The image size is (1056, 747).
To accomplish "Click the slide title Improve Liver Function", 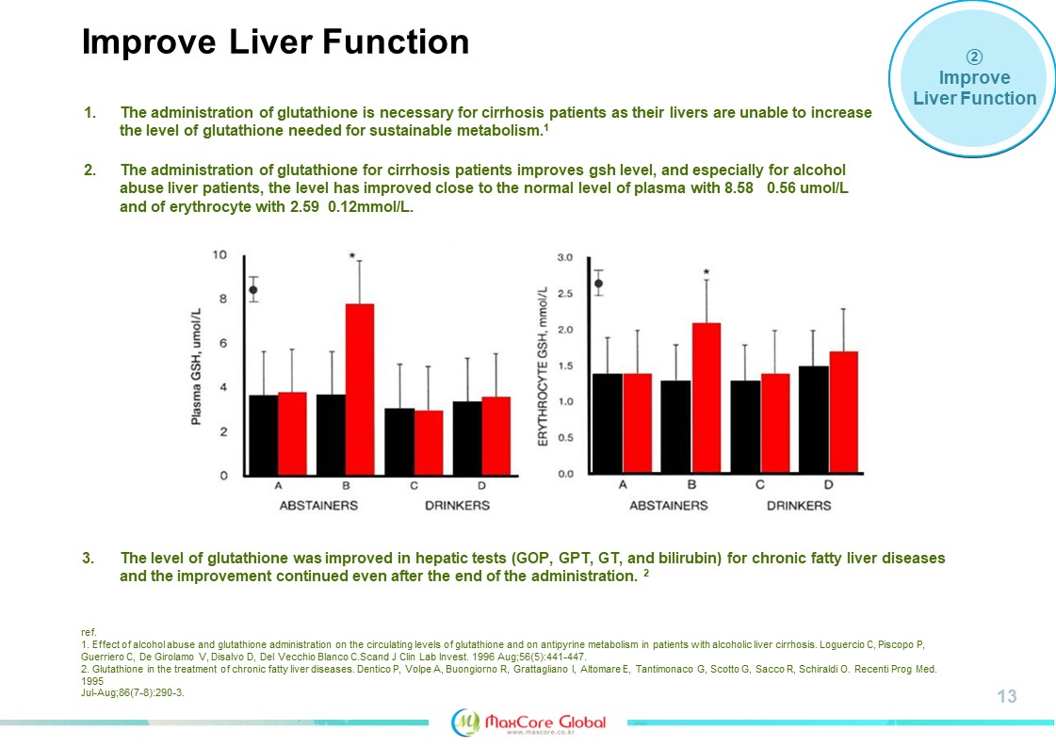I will pos(275,42).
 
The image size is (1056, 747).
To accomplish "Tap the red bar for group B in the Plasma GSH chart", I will pos(360,389).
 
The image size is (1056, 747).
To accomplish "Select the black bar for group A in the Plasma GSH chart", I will pos(263,434).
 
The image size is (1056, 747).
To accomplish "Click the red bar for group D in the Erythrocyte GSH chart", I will pos(844,412).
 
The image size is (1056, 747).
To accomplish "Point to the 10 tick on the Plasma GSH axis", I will pos(219,255).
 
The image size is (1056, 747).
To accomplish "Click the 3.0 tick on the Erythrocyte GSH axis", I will pos(566,257).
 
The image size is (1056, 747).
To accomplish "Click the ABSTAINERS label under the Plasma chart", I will pos(318,506).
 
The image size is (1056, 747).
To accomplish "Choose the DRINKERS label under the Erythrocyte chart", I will pos(799,506).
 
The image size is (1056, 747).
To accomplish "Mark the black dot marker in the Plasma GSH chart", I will pos(252,289).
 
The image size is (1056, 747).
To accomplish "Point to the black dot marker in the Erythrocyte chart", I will pos(598,283).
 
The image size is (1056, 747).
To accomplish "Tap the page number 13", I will pos(1007,697).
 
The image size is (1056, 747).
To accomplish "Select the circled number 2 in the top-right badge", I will pos(975,56).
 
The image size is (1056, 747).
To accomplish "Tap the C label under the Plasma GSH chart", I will pos(414,486).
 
